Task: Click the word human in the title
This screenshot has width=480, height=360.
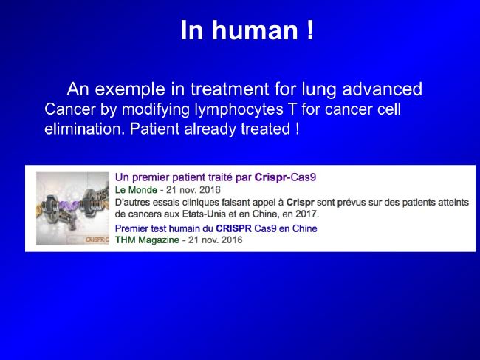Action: [255, 30]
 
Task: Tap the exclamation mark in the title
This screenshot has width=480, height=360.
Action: [310, 30]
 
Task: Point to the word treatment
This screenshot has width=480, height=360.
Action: [230, 89]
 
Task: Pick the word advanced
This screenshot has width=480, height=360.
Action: [382, 89]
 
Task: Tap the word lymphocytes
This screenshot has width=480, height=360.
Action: [239, 110]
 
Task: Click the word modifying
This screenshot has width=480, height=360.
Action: [156, 110]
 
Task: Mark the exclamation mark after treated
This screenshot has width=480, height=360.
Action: [298, 129]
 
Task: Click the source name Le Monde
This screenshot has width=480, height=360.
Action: [136, 190]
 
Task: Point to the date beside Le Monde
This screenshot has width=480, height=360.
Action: [193, 190]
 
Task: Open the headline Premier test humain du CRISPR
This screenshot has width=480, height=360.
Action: [216, 228]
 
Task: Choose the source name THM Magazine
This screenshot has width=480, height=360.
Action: [147, 240]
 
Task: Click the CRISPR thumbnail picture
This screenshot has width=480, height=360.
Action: [72, 208]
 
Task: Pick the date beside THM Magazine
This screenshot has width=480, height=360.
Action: [215, 240]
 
